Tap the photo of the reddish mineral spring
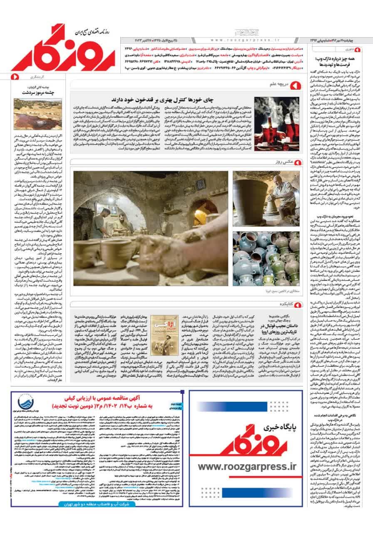pyautogui.click(x=38, y=113)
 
